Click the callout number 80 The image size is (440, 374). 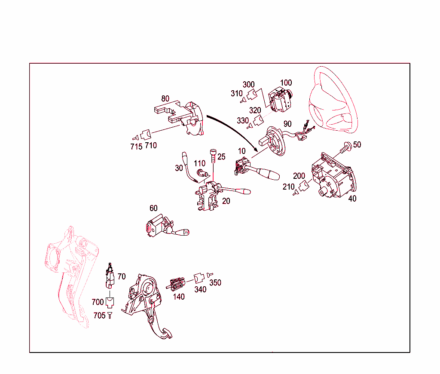tap(165, 98)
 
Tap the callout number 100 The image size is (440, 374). tap(286, 83)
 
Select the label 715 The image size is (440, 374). tap(136, 147)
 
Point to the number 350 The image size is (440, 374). tap(215, 283)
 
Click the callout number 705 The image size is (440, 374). tap(100, 316)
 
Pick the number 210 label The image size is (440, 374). tap(288, 187)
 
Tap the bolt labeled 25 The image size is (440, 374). tap(213, 156)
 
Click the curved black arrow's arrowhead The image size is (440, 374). tap(255, 148)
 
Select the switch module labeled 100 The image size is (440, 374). tap(280, 100)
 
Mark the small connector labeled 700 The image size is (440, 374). tap(110, 302)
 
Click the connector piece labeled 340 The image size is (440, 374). tap(199, 278)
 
